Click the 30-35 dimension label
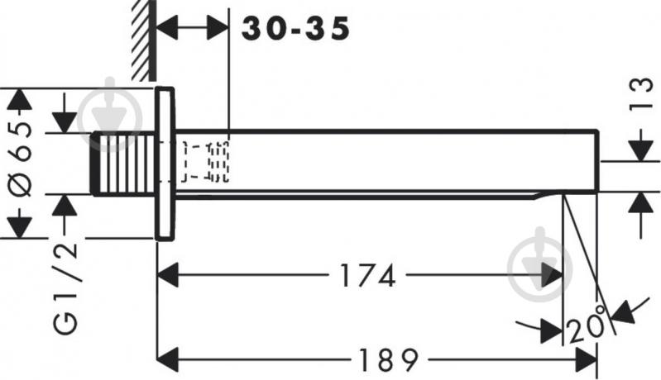pyautogui.click(x=295, y=29)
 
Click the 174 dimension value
pyautogui.click(x=367, y=276)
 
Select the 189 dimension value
pyautogui.click(x=388, y=360)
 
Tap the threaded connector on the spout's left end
pyautogui.click(x=124, y=164)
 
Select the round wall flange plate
pyautogui.click(x=165, y=164)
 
